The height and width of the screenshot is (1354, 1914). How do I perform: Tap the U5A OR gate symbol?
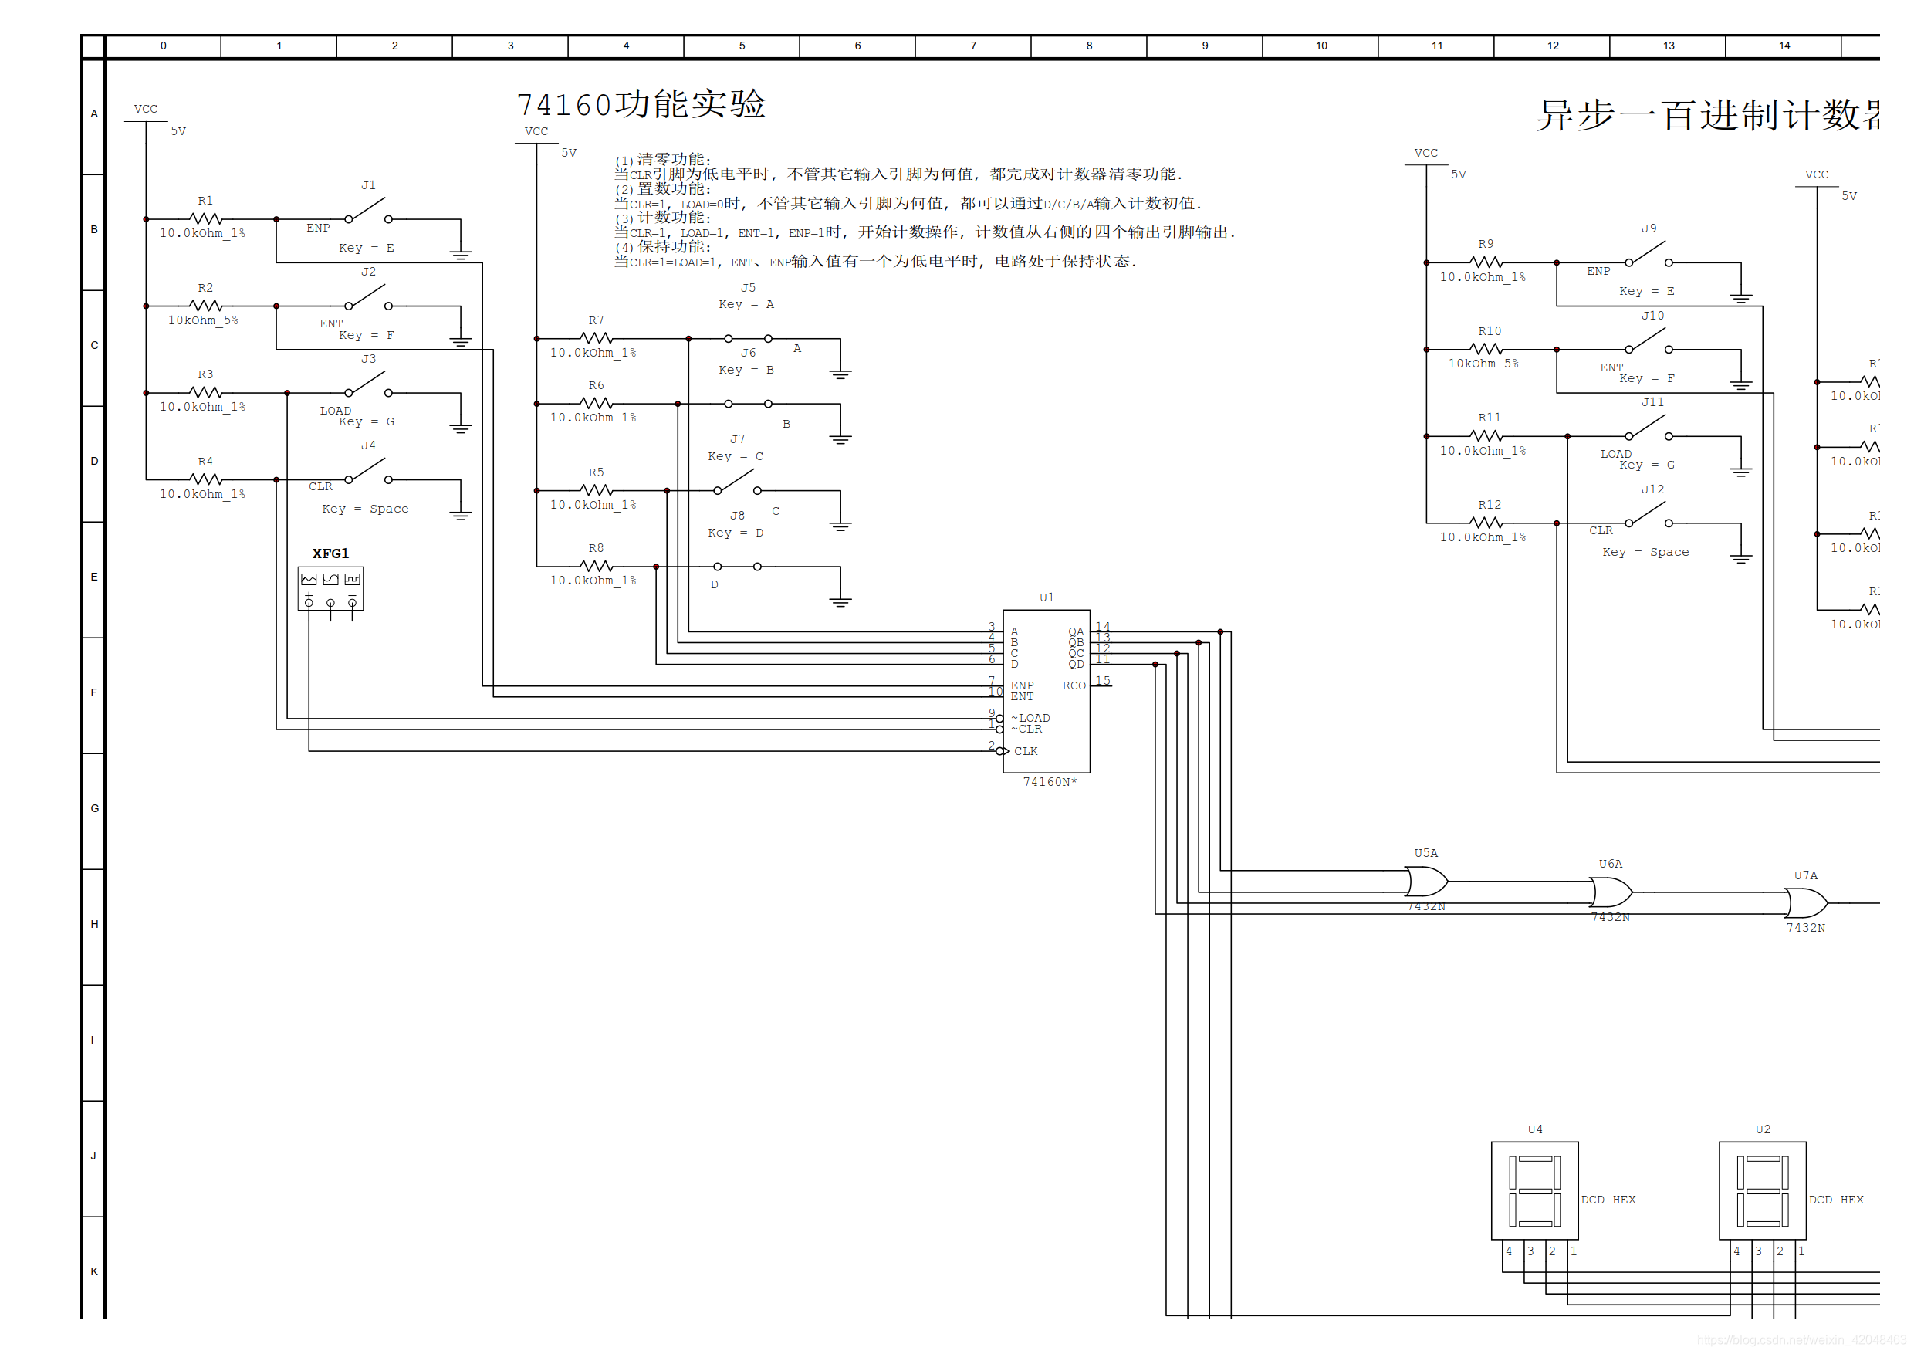pyautogui.click(x=1425, y=881)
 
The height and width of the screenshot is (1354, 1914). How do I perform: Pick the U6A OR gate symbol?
pyautogui.click(x=1611, y=892)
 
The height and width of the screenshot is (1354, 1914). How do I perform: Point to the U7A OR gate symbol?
pyautogui.click(x=1806, y=903)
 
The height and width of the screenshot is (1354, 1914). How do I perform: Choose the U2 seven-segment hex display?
pyautogui.click(x=1762, y=1190)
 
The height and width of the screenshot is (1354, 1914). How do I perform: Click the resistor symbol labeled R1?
pyautogui.click(x=205, y=218)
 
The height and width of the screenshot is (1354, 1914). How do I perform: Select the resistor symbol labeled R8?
pyautogui.click(x=596, y=566)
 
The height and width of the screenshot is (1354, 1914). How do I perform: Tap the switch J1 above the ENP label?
pyautogui.click(x=367, y=212)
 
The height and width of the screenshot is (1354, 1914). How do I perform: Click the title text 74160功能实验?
pyautogui.click(x=641, y=104)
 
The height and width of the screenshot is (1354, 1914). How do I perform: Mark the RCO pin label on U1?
pyautogui.click(x=1074, y=685)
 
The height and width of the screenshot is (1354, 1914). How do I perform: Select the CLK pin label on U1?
pyautogui.click(x=1026, y=751)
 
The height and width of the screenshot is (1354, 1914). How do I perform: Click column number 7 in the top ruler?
pyautogui.click(x=973, y=46)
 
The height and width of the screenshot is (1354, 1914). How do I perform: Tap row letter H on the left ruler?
pyautogui.click(x=94, y=924)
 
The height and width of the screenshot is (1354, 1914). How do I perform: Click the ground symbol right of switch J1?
pyautogui.click(x=460, y=253)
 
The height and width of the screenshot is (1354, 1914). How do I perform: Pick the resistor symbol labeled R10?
pyautogui.click(x=1489, y=350)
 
